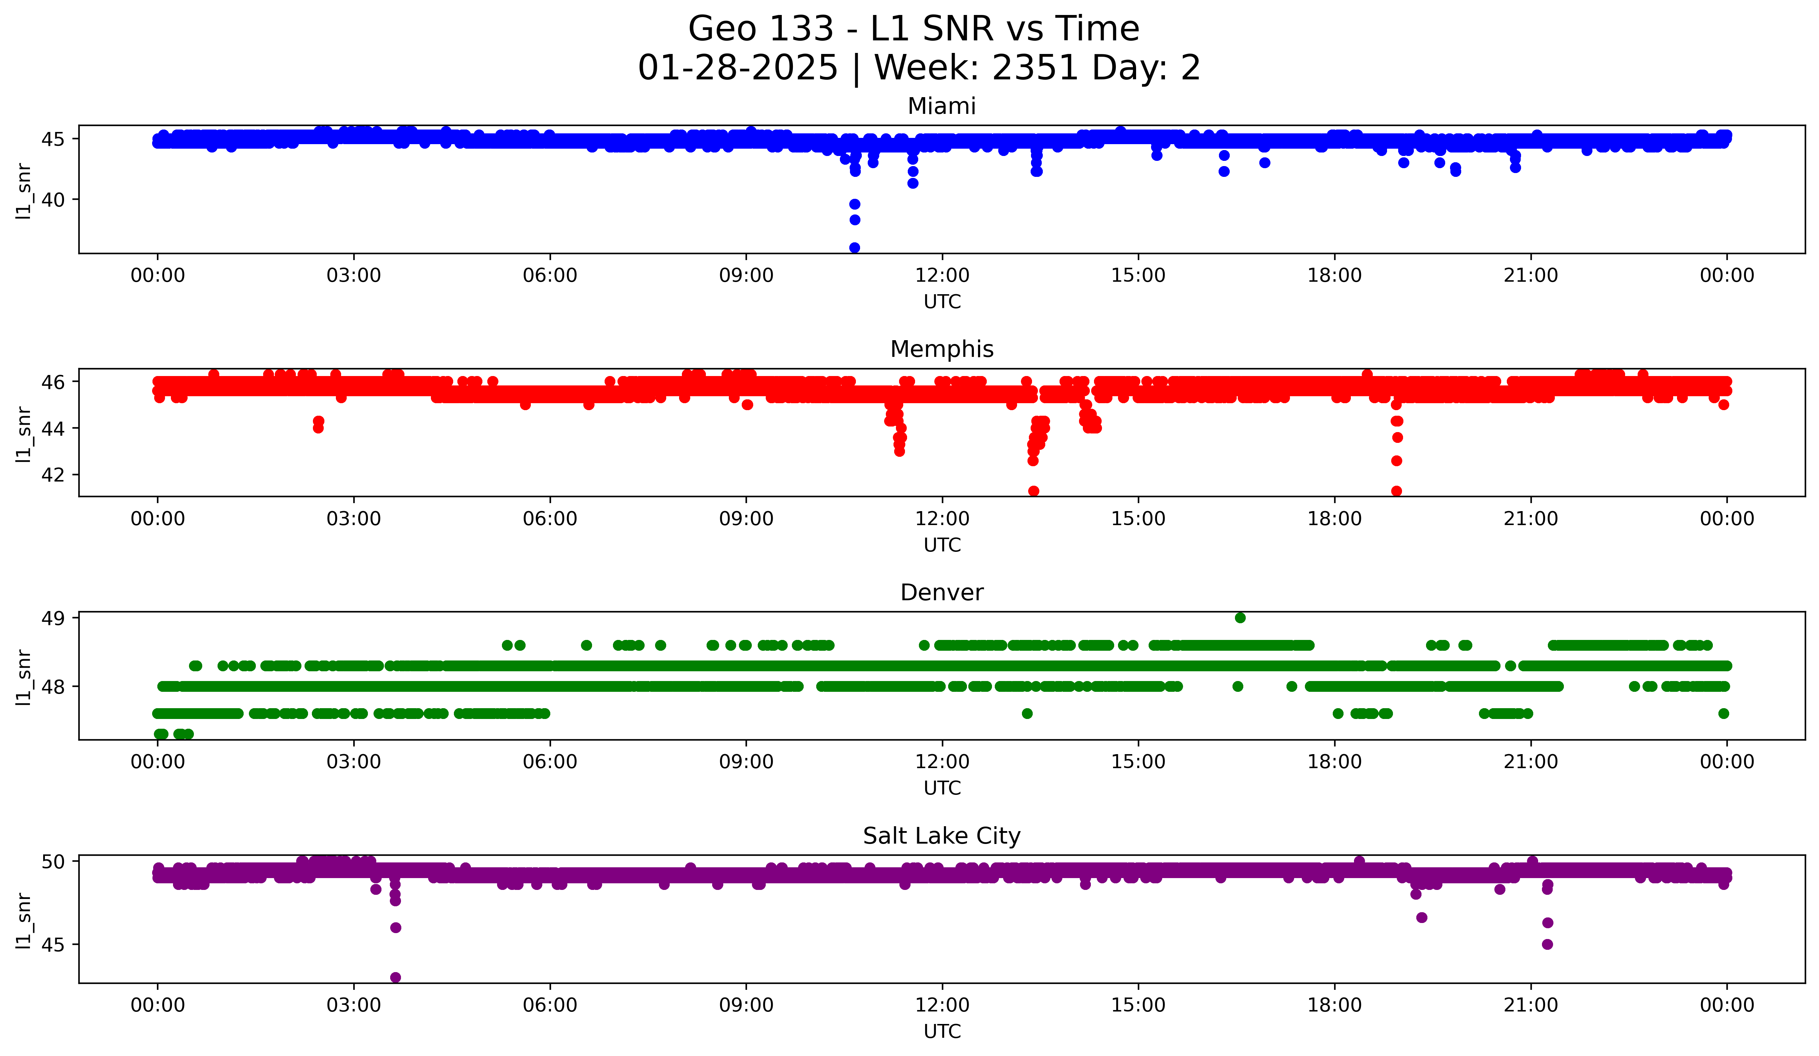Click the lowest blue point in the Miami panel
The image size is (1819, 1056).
(x=855, y=248)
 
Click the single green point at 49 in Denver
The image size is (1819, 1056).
(x=1240, y=618)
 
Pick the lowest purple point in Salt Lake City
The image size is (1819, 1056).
(x=395, y=977)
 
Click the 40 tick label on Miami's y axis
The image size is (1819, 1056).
(x=53, y=200)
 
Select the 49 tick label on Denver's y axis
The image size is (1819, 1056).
(x=53, y=618)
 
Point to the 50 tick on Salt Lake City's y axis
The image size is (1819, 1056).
(x=53, y=861)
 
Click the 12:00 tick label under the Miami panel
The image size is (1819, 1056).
(x=942, y=276)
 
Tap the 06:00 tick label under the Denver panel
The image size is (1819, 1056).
(x=550, y=762)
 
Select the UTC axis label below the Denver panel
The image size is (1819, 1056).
(x=942, y=788)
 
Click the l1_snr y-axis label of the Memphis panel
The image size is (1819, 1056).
(x=24, y=433)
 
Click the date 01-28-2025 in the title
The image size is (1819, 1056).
(x=738, y=68)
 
